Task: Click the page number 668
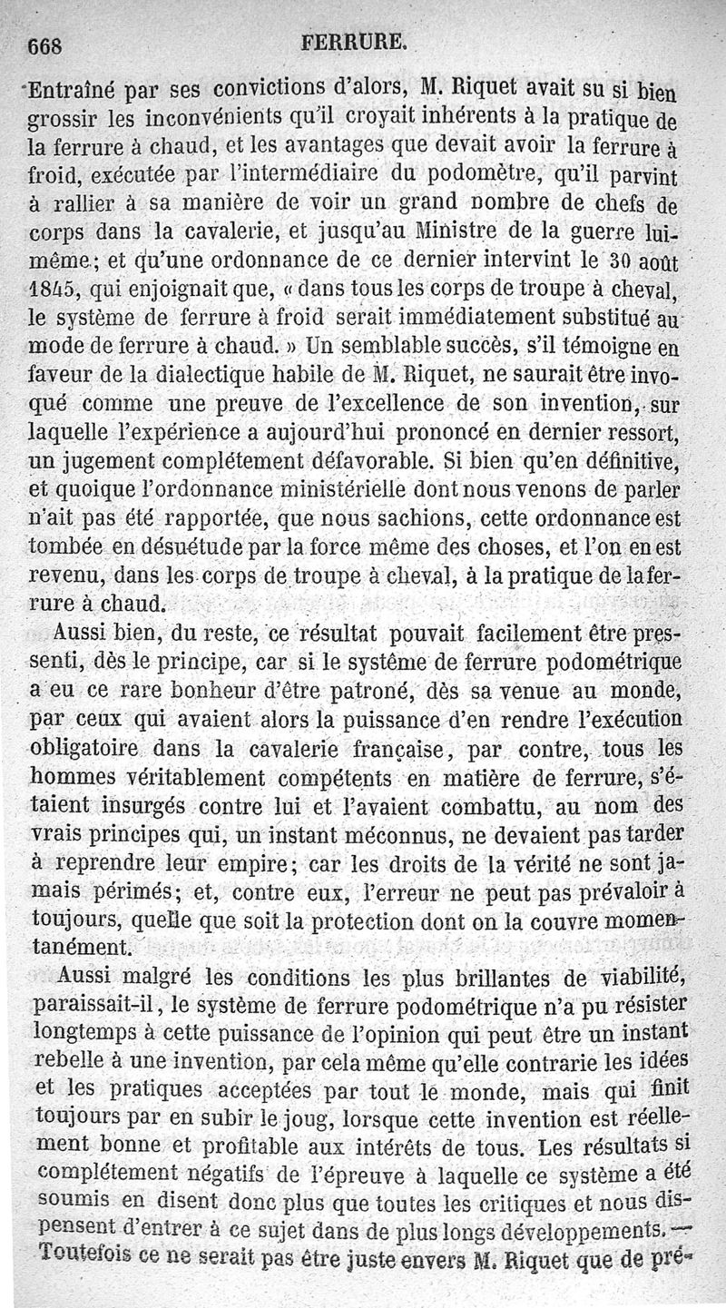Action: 49,44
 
